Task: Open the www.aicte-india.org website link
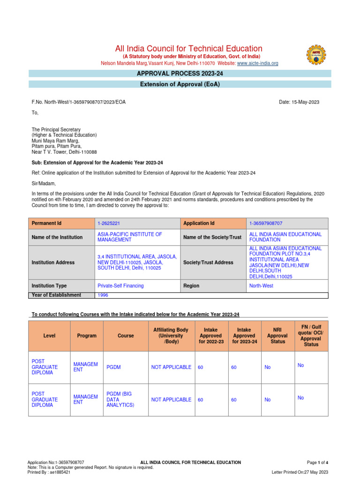tap(258, 63)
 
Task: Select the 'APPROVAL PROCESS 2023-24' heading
tap(180, 74)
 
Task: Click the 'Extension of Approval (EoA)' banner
tap(180, 84)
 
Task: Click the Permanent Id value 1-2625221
tap(109, 223)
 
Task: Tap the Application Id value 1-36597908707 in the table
tap(266, 223)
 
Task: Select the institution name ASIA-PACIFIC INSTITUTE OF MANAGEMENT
tap(130, 237)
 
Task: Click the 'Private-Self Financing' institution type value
tap(120, 285)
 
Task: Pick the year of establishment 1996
tap(103, 295)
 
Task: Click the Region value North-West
tap(262, 285)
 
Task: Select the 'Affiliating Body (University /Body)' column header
tap(171, 336)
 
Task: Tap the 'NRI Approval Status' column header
tap(277, 336)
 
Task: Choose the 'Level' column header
tap(49, 336)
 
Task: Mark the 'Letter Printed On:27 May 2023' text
tap(300, 472)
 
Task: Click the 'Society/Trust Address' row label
tap(208, 262)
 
